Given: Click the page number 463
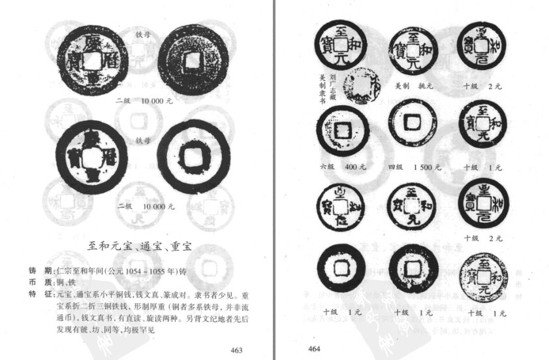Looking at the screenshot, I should click(236, 350).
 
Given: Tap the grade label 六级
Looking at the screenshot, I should click(328, 167).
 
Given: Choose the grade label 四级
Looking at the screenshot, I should click(396, 167).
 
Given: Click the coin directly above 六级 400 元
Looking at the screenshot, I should click(342, 131).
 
